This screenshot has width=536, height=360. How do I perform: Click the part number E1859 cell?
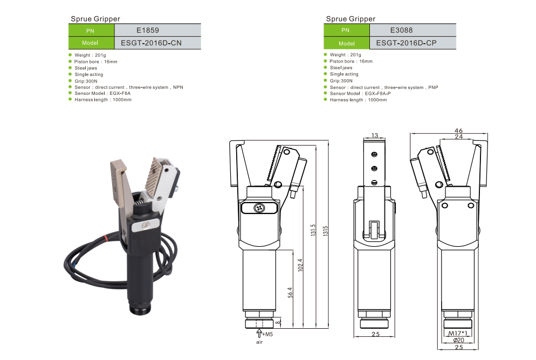157,30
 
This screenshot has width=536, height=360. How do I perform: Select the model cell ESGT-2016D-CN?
157,43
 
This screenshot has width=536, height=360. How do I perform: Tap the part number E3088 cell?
413,30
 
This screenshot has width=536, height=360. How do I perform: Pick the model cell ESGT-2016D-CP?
413,43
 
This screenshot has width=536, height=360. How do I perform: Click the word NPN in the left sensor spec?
178,87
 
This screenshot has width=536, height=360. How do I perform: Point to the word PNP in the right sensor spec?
433,87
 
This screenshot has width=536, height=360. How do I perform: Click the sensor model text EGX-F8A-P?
377,94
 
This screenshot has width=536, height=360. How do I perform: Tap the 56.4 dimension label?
290,293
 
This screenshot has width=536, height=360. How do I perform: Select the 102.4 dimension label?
300,265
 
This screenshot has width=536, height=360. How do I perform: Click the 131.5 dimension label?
313,231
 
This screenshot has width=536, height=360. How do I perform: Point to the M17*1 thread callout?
458,334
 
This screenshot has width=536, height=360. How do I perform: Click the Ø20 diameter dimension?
458,340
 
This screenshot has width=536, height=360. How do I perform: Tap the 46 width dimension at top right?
458,130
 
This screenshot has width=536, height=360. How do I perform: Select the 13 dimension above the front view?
375,135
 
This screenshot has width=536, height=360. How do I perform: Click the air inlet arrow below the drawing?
259,334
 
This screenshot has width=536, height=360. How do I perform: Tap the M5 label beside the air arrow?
269,334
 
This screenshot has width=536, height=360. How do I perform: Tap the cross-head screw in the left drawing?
259,207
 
